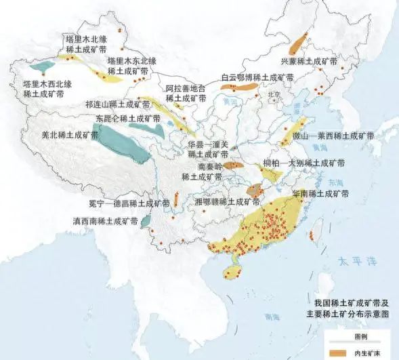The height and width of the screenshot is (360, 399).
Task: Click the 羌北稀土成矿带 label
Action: pos(69,135)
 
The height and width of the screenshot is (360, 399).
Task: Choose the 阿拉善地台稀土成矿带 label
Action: pos(185,94)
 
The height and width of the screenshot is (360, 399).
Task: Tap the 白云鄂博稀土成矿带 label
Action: pos(257,77)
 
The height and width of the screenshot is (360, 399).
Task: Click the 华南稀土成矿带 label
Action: pos(320,193)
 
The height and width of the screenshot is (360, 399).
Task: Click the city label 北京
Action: pos(274,94)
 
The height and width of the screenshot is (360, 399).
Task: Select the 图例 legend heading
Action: pos(360,337)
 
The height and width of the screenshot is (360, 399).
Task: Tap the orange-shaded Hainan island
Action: pos(232,272)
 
